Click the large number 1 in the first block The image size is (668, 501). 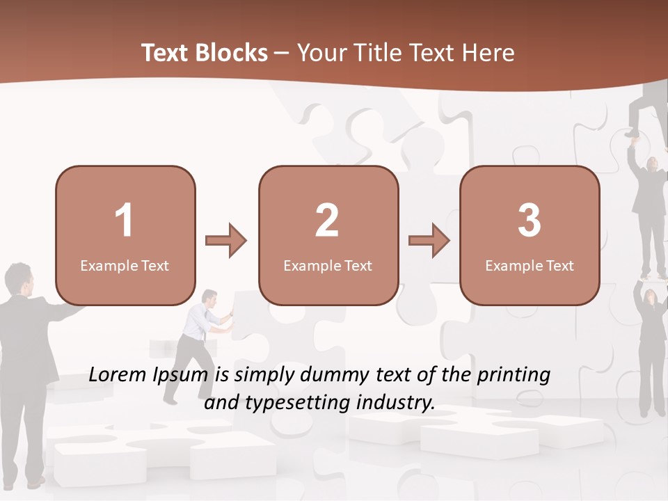click(x=124, y=221)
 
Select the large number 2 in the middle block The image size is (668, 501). click(x=327, y=221)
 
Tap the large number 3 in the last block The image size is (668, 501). click(x=530, y=221)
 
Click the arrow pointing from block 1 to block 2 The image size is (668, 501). click(x=226, y=241)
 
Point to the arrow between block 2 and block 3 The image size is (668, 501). click(x=429, y=241)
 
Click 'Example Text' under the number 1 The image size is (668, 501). click(x=125, y=266)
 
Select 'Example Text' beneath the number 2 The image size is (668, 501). click(x=328, y=266)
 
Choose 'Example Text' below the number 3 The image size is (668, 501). click(x=530, y=266)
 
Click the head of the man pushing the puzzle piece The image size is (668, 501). click(x=209, y=298)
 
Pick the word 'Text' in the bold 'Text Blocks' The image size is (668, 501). click(x=165, y=53)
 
